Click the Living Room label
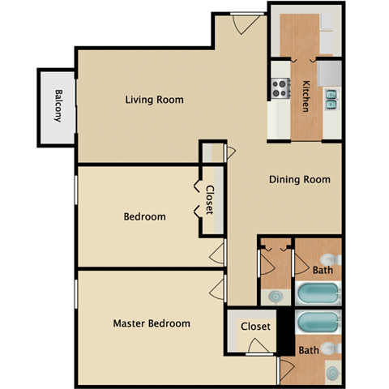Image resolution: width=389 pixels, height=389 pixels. [x=154, y=100]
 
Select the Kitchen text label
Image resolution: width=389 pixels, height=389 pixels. [x=306, y=96]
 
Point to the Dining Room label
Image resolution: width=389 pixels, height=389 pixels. [x=300, y=180]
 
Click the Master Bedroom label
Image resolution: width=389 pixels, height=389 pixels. [x=152, y=323]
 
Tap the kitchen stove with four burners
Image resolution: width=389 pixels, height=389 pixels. [x=280, y=87]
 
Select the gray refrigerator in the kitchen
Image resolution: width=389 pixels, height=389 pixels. [x=331, y=73]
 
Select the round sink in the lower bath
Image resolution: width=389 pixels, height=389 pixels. [x=333, y=374]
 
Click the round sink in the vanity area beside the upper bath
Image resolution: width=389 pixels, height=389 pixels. [x=276, y=297]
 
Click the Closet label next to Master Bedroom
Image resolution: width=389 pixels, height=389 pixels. [x=255, y=327]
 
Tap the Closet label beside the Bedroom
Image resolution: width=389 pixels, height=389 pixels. [x=209, y=200]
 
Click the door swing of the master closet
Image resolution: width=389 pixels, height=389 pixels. [x=262, y=347]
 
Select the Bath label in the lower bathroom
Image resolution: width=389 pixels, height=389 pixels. [x=308, y=351]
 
